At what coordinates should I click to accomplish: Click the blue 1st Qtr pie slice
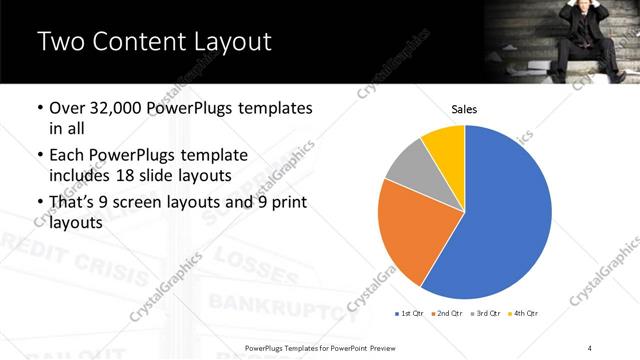pyautogui.click(x=505, y=215)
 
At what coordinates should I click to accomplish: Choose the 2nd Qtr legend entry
pyautogui.click(x=446, y=314)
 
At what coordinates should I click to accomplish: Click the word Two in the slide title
pyautogui.click(x=60, y=42)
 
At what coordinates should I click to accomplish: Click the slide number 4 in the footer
pyautogui.click(x=591, y=347)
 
